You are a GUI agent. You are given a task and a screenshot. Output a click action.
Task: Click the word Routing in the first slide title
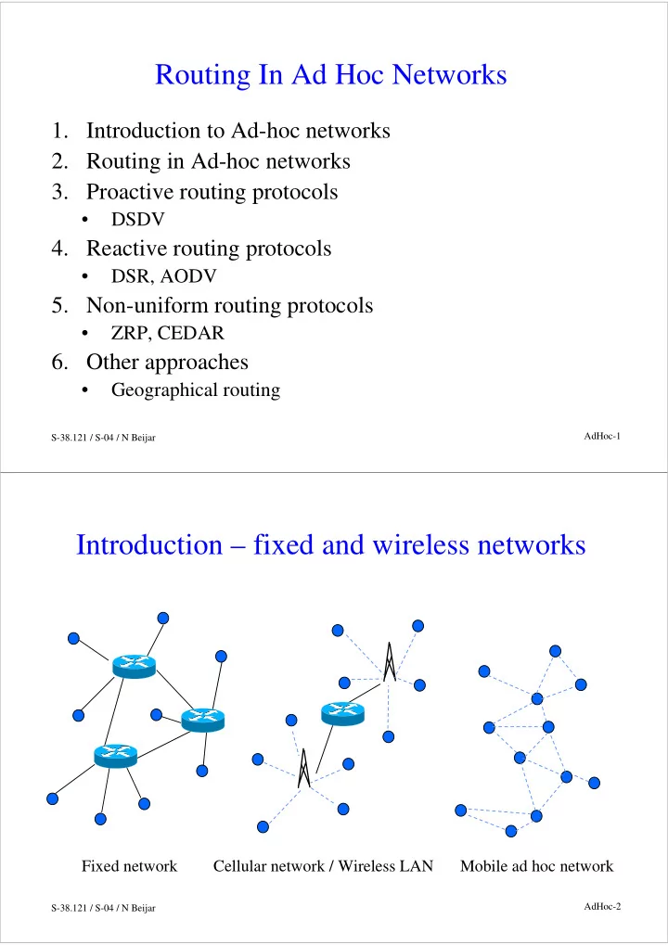click(202, 76)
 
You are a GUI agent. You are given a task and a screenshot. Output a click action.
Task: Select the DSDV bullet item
click(137, 220)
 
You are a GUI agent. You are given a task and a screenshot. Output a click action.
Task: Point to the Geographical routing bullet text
click(196, 390)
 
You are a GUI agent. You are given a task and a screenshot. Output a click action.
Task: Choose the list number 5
click(59, 305)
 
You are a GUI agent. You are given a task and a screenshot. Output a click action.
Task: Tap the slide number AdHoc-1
click(602, 437)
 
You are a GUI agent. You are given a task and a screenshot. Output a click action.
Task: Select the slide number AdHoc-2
click(602, 906)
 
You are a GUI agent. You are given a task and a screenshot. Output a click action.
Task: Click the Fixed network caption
click(130, 866)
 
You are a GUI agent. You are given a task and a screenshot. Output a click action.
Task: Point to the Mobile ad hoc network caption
click(536, 866)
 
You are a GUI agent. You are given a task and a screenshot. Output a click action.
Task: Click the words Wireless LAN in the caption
click(386, 866)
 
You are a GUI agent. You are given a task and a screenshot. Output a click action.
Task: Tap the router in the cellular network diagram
click(342, 713)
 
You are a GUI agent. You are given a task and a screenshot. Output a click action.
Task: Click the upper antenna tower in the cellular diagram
click(390, 662)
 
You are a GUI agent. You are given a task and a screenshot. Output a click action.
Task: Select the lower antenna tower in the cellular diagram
click(304, 769)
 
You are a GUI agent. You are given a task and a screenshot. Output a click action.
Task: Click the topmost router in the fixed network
click(134, 667)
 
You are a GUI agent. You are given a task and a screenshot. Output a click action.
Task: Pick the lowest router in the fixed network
click(116, 756)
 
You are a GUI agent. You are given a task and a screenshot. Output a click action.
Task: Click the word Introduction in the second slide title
click(149, 545)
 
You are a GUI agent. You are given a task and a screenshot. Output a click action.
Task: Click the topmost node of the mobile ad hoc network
click(555, 651)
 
